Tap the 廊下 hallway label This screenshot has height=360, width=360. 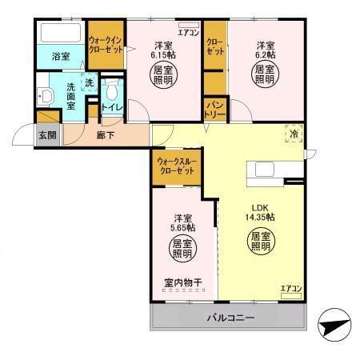coord(106,135)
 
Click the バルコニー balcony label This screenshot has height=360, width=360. coord(230,318)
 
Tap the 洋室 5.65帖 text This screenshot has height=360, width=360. coord(183,222)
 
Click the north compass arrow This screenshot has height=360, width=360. coord(334,326)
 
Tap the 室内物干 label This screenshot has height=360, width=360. coord(183,281)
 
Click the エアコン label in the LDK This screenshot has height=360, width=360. coord(290,288)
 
